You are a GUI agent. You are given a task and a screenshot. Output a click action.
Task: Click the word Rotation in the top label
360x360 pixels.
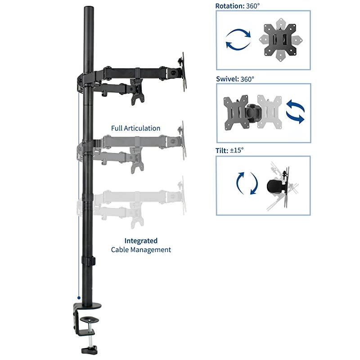point(230,6)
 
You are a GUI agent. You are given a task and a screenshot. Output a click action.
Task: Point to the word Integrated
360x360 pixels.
point(141,241)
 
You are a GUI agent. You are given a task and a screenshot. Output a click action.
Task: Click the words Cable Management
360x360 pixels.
point(141,249)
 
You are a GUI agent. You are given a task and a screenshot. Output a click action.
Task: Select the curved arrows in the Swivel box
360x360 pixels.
point(295,111)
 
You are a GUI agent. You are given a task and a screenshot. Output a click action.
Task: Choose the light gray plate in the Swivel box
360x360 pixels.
point(269,111)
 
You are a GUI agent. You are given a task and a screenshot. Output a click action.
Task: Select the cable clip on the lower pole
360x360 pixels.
point(89,261)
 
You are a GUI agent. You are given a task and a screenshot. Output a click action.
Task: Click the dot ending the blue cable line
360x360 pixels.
point(79,297)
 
